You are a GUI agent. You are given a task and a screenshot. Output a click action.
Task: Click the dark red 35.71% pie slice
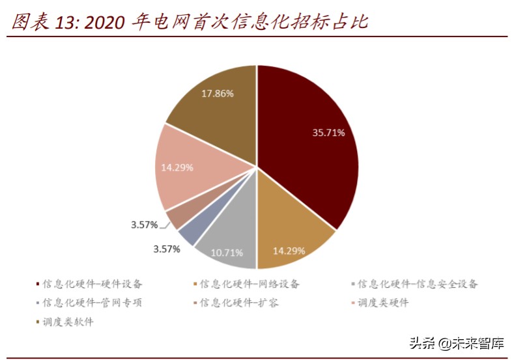click(306, 150)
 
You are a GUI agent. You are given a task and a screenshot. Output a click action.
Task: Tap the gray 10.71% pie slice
click(225, 244)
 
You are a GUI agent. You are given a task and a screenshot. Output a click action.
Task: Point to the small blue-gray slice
click(188, 234)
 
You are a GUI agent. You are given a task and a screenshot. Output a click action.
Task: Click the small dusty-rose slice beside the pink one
click(177, 218)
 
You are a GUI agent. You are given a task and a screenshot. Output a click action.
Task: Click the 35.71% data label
click(328, 132)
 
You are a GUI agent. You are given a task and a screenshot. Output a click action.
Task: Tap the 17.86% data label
click(217, 93)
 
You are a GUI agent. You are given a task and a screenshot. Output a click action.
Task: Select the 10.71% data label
click(227, 251)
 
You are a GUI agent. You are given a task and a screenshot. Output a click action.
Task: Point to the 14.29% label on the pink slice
click(177, 167)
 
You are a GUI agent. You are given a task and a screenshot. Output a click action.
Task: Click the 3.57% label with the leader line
click(144, 225)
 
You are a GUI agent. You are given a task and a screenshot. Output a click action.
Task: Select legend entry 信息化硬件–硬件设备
click(92, 284)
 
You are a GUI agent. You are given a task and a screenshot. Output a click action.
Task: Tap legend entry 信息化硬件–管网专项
click(92, 303)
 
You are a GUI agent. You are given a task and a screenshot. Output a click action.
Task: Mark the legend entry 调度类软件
click(68, 322)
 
